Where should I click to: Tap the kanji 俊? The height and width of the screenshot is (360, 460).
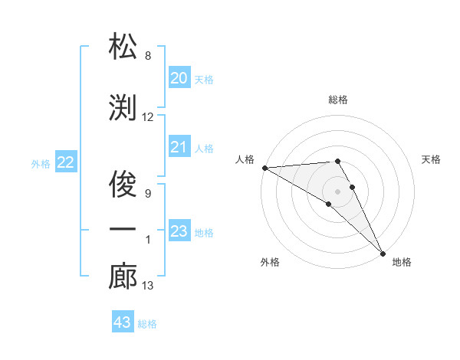[123, 182]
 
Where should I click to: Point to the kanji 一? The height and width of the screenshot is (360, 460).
[123, 230]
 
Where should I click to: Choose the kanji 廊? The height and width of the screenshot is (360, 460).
[123, 277]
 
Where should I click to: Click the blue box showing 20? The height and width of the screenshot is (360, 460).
[179, 78]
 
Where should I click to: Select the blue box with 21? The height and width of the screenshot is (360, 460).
[179, 147]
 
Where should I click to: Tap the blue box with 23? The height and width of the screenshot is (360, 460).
[179, 231]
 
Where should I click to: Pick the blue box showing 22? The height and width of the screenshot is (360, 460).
[65, 162]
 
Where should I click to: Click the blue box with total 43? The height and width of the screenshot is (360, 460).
[122, 322]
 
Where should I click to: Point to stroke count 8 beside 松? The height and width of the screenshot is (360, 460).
[148, 56]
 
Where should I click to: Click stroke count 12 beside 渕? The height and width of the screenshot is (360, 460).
[148, 117]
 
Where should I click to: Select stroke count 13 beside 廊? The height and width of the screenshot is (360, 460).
[148, 286]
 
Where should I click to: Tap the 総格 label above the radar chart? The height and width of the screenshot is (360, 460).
[337, 100]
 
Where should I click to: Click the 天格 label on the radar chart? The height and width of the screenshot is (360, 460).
[431, 159]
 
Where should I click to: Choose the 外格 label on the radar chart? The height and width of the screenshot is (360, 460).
[270, 262]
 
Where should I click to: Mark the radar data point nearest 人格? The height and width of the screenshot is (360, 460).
[264, 168]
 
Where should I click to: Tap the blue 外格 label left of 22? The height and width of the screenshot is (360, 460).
[41, 163]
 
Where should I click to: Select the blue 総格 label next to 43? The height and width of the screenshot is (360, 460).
[147, 324]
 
